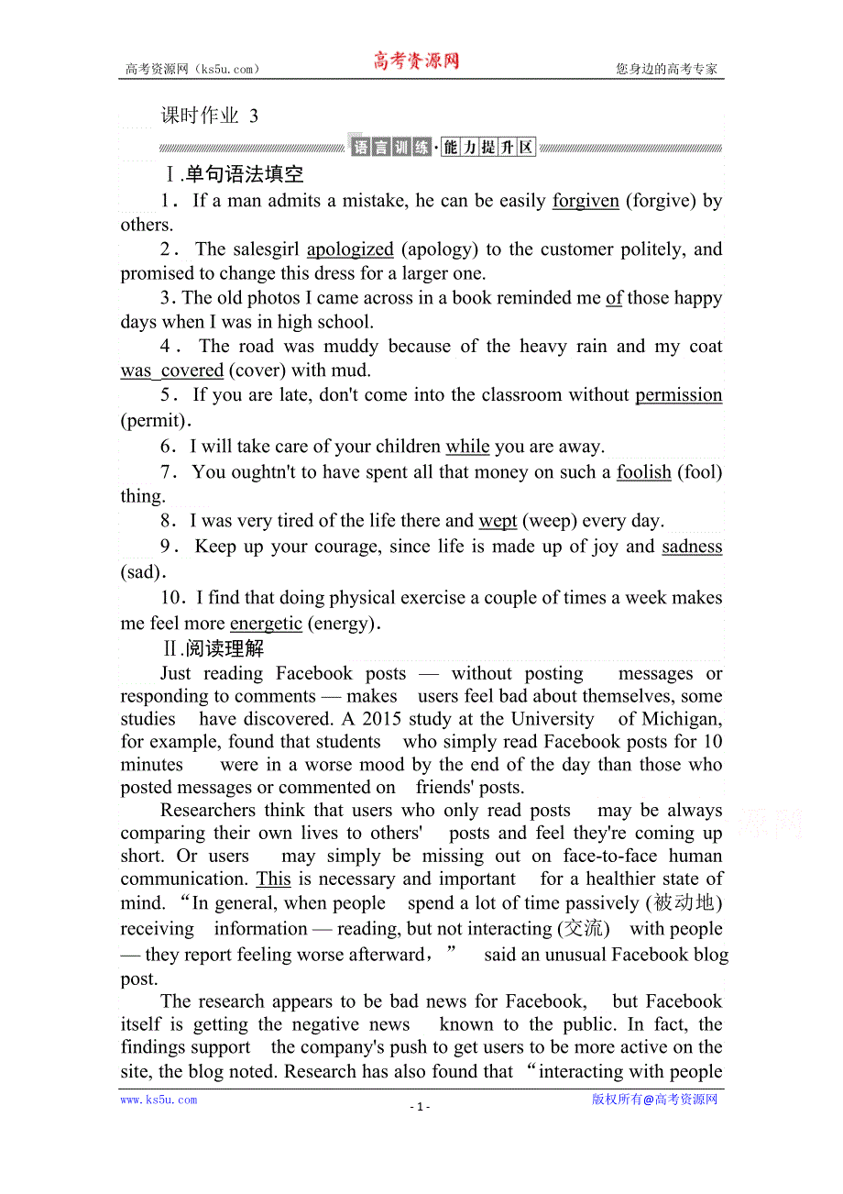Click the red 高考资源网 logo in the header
pyautogui.click(x=415, y=62)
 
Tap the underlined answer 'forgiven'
pyautogui.click(x=586, y=201)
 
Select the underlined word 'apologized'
pyautogui.click(x=350, y=249)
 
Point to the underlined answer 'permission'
pyautogui.click(x=678, y=395)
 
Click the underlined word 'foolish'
pyautogui.click(x=644, y=472)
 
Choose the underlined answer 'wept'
pyautogui.click(x=498, y=521)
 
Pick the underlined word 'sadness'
pyautogui.click(x=692, y=547)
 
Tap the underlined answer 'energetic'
pyautogui.click(x=266, y=624)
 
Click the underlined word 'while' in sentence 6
pyautogui.click(x=467, y=448)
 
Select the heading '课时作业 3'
pyautogui.click(x=210, y=116)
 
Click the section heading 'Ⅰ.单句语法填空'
pyautogui.click(x=232, y=174)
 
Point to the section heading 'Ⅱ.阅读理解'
pyautogui.click(x=213, y=649)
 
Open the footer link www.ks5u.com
pyautogui.click(x=159, y=1100)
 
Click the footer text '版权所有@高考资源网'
pyautogui.click(x=654, y=1100)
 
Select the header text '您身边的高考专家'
pyautogui.click(x=666, y=69)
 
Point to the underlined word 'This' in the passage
pyautogui.click(x=273, y=879)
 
